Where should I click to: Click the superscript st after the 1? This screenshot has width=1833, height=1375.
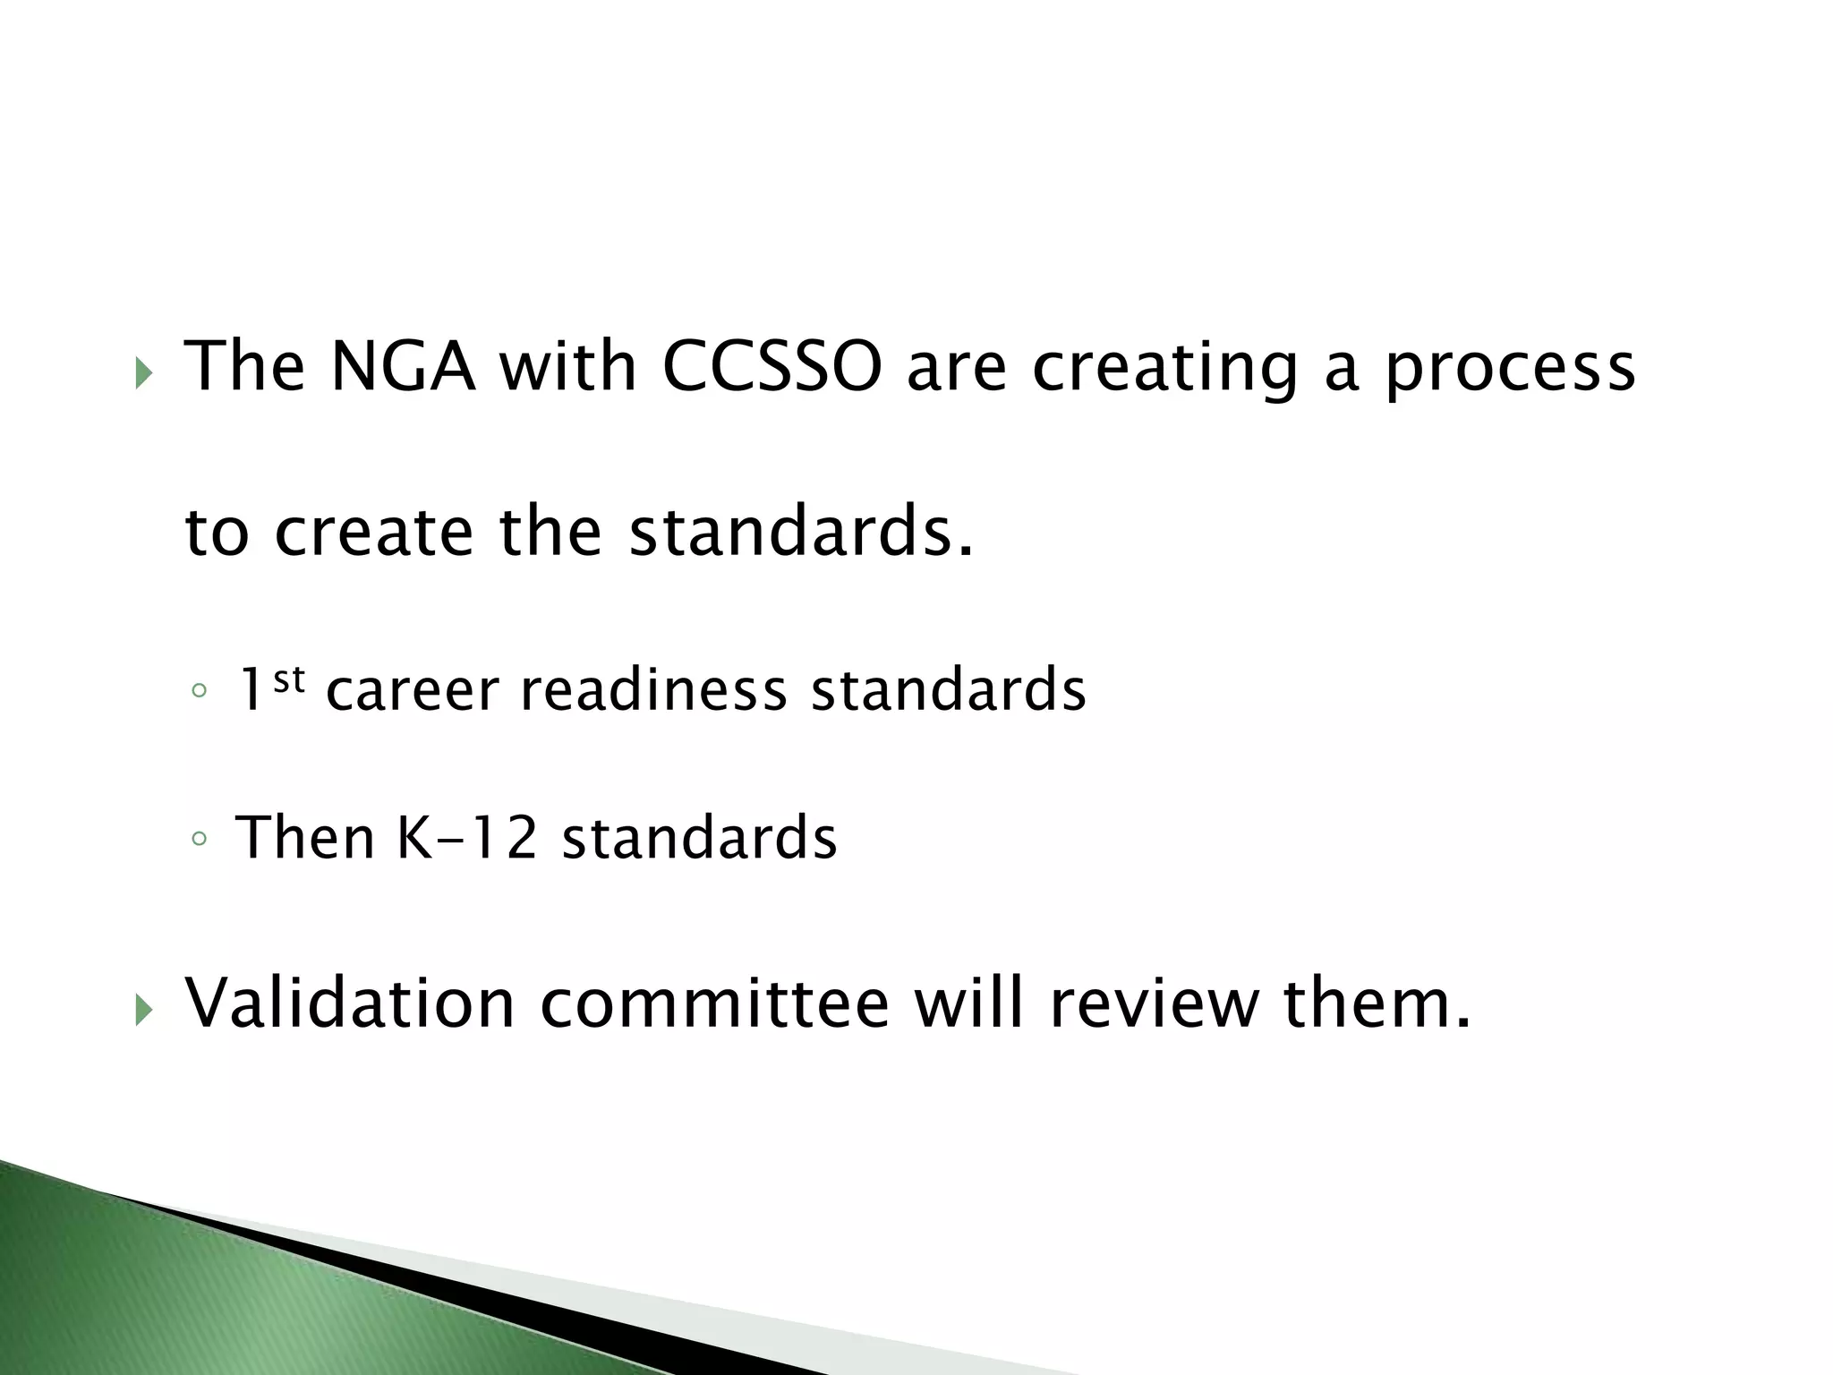(289, 680)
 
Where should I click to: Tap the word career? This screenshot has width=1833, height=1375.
(412, 690)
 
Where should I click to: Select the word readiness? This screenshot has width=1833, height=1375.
(653, 690)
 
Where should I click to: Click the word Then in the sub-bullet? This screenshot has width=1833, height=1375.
(304, 838)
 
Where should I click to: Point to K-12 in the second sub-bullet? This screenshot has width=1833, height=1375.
(466, 838)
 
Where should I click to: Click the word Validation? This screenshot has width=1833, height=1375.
(350, 1003)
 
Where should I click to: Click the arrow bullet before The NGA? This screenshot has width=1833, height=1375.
(143, 373)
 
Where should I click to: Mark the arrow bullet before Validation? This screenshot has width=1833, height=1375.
(143, 1011)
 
